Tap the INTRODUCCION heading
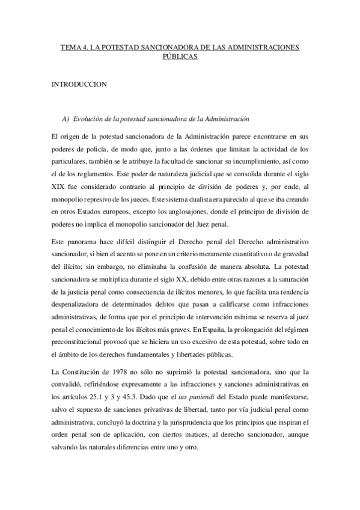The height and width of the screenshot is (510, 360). coord(79,84)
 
